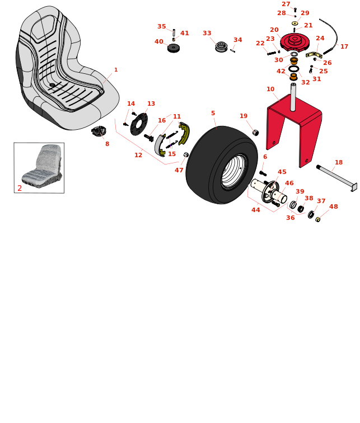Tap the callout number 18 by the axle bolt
[339, 162]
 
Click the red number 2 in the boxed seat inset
[20, 188]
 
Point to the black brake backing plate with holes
[139, 124]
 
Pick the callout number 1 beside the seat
[116, 70]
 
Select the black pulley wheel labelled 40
[174, 48]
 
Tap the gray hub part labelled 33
[221, 46]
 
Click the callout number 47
[179, 170]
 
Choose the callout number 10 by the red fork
[270, 89]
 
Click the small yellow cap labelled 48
[318, 219]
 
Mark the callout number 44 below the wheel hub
[255, 210]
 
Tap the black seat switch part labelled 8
[99, 131]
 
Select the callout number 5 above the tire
[213, 113]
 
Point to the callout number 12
[138, 155]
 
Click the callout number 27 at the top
[286, 4]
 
